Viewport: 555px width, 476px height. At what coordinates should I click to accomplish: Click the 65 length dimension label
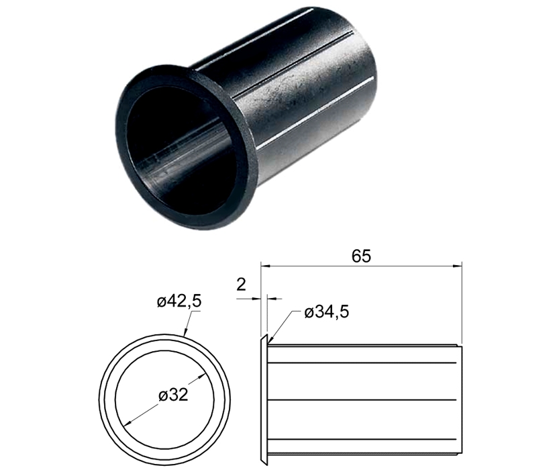tap(361, 256)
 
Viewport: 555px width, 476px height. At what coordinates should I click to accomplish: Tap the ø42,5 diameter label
tap(179, 301)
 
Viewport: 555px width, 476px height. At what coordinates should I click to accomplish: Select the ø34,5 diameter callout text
tap(327, 312)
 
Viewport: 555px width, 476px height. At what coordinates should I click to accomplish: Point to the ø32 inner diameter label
tap(173, 395)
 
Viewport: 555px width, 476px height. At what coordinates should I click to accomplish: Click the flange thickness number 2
tap(241, 284)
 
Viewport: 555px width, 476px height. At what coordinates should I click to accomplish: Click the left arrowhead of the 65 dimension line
tap(265, 265)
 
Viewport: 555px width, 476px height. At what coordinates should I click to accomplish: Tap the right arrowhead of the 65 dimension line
tap(458, 265)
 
